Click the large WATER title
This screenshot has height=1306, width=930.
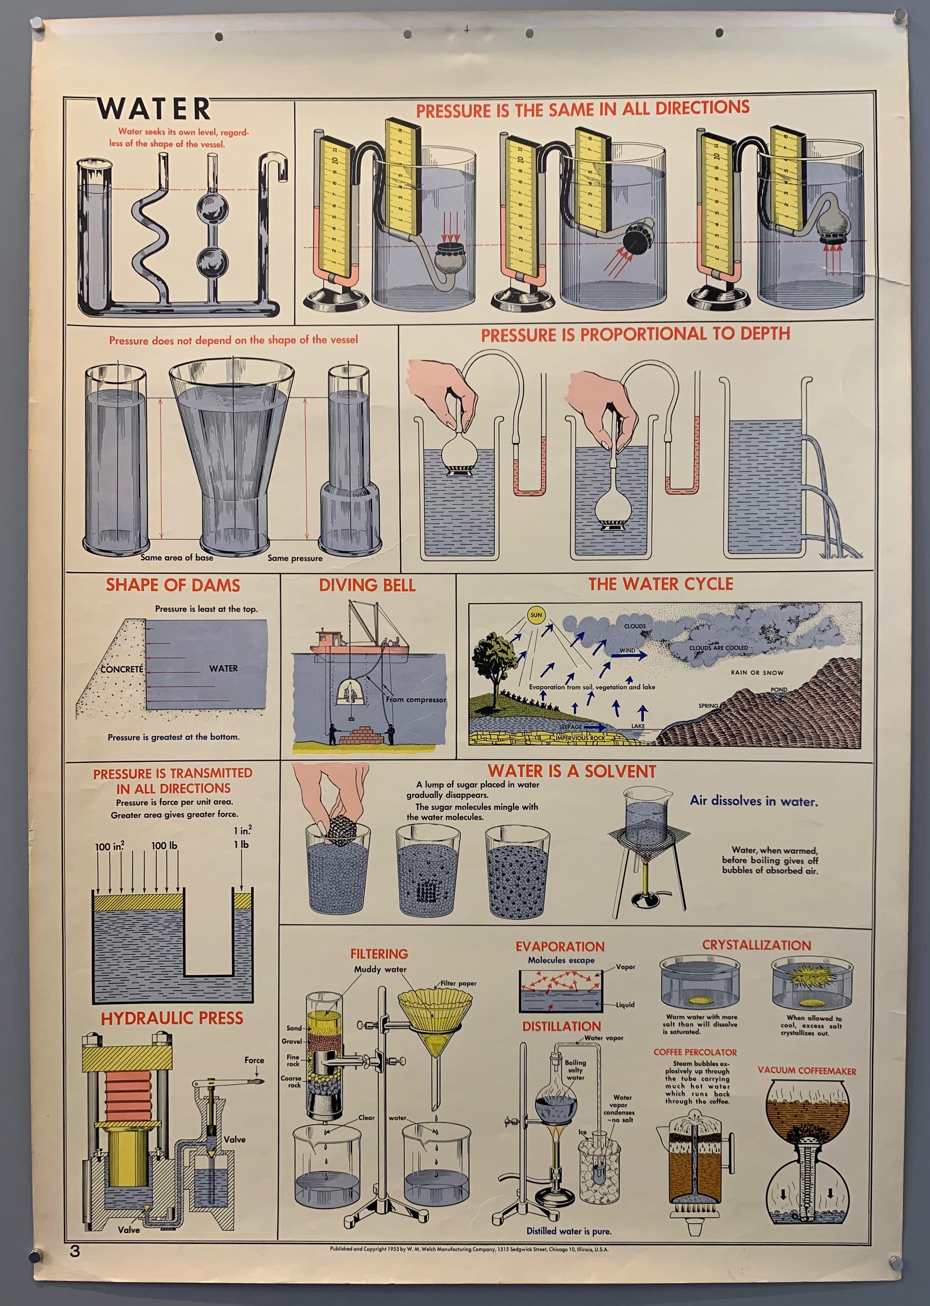(153, 109)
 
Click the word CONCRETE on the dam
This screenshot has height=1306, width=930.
(121, 669)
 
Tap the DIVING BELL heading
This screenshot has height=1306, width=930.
(367, 585)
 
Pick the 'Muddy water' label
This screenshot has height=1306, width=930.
(380, 969)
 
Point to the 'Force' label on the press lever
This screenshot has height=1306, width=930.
(254, 1060)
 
